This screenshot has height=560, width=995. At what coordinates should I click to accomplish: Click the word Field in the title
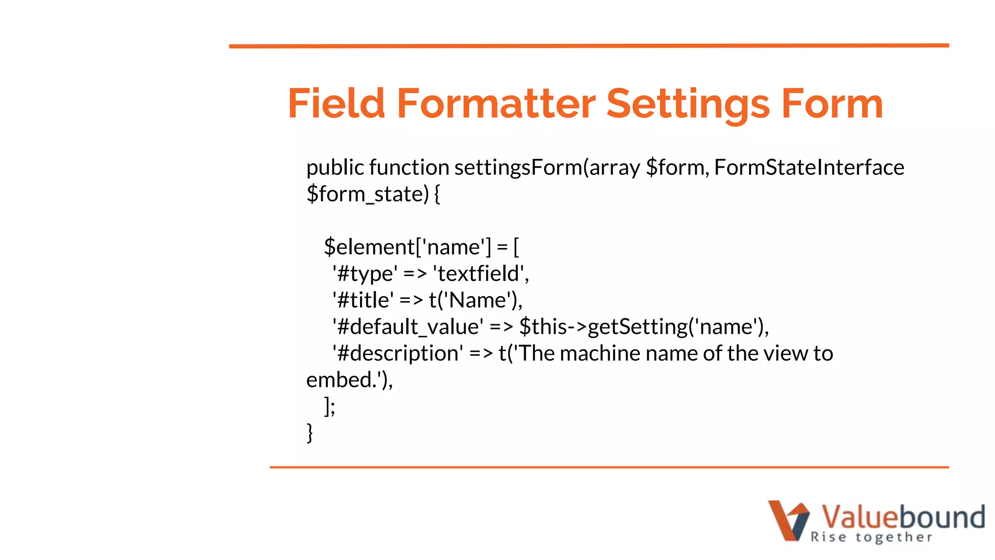(336, 104)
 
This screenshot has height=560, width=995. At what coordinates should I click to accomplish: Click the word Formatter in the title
(496, 104)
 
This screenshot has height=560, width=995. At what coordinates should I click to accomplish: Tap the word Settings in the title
(688, 105)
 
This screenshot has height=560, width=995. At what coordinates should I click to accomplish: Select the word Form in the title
(832, 104)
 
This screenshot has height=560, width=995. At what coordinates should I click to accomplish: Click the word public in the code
(335, 168)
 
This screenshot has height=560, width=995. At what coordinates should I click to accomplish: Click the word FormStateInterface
(809, 168)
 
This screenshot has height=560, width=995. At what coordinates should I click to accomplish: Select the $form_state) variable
(368, 194)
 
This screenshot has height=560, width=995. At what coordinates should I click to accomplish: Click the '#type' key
(365, 274)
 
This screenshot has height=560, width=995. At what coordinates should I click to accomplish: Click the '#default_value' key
(408, 327)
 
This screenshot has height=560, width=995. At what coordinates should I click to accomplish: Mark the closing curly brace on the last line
(309, 433)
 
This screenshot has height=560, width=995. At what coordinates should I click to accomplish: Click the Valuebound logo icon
(788, 520)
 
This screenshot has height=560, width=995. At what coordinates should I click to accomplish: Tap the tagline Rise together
(871, 537)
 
